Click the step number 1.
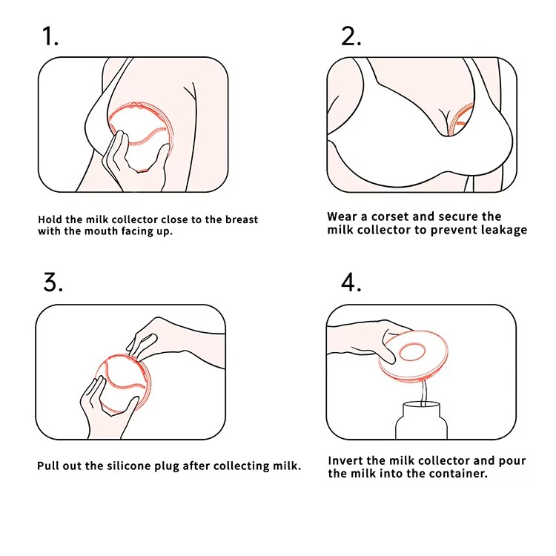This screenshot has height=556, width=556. pyautogui.click(x=50, y=36)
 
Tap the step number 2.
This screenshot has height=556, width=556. pyautogui.click(x=351, y=36)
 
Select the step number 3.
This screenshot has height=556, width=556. pyautogui.click(x=53, y=282)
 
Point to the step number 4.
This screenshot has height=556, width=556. pyautogui.click(x=351, y=283)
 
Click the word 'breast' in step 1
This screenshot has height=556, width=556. pyautogui.click(x=242, y=219)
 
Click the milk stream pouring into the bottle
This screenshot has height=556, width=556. pyautogui.click(x=423, y=393)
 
